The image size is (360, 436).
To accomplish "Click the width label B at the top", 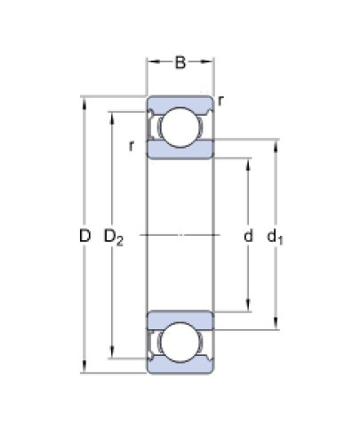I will (180, 63).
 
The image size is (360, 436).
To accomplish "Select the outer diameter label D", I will (84, 236).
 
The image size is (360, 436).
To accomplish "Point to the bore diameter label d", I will (248, 236).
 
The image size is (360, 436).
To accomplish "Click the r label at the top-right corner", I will (220, 100).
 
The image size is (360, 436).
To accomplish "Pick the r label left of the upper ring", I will (131, 145).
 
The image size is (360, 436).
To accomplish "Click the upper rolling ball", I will (180, 125).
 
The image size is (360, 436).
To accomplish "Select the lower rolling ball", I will (180, 345).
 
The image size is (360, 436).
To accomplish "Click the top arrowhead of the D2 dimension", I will (112, 115).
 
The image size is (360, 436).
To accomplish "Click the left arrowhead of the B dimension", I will (151, 64).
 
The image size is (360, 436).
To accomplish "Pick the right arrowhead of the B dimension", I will (210, 64).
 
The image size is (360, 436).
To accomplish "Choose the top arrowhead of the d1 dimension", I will (274, 142).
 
